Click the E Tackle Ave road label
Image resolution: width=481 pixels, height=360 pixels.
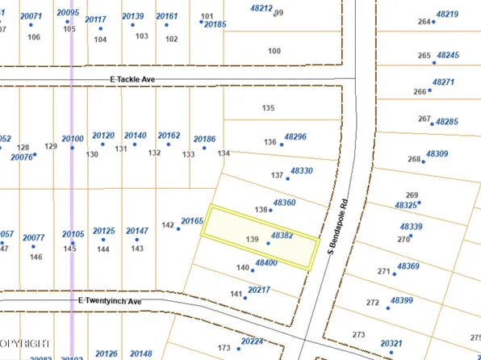pos(132,80)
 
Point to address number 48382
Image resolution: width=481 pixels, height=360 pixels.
pos(282,236)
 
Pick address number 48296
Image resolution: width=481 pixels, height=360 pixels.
pos(296,137)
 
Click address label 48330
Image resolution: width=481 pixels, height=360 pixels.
pos(301,171)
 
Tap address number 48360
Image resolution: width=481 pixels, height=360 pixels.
pos(285,203)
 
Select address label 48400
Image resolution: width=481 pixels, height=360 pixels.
pos(266,263)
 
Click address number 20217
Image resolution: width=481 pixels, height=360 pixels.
pos(259,290)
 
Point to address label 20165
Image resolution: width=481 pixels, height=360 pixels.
pos(192,220)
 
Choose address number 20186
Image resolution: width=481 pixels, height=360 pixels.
pos(204,140)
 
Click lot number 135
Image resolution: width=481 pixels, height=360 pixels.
pos(269,108)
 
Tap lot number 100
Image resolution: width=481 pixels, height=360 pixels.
pos(274,51)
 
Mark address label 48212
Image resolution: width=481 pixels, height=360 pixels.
pos(261,7)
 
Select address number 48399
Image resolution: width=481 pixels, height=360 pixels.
pos(401,300)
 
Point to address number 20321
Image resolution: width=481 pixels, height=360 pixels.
pos(391,343)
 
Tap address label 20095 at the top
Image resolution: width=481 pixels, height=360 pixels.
pos(69,13)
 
